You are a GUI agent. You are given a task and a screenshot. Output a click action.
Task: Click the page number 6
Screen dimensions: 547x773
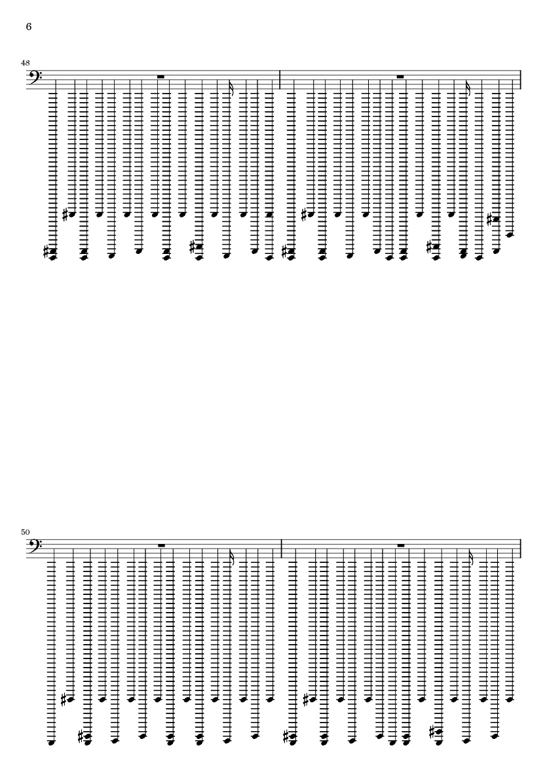29,27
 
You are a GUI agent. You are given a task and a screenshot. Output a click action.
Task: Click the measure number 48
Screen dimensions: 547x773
25,63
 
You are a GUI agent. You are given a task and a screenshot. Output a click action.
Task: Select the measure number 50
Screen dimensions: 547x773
25,532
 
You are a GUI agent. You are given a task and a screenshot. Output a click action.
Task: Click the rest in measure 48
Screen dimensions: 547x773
160,77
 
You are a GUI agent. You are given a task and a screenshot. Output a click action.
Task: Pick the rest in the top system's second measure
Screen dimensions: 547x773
400,77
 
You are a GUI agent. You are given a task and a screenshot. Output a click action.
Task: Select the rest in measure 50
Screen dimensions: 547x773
160,546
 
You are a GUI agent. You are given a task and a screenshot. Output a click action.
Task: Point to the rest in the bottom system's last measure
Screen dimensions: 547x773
400,546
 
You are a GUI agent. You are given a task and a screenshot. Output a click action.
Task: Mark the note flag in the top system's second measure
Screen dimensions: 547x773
469,87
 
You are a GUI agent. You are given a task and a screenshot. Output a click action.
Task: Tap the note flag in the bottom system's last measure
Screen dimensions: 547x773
472,556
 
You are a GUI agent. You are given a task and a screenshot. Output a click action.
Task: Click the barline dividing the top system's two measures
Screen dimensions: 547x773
280,80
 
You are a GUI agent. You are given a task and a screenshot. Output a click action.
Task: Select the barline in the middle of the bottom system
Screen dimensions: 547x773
280,549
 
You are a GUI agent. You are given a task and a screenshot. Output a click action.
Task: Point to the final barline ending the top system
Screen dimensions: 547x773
521,80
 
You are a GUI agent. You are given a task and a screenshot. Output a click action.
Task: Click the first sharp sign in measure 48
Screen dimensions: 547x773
47,253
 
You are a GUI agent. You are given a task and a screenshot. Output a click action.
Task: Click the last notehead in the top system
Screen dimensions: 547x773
510,235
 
